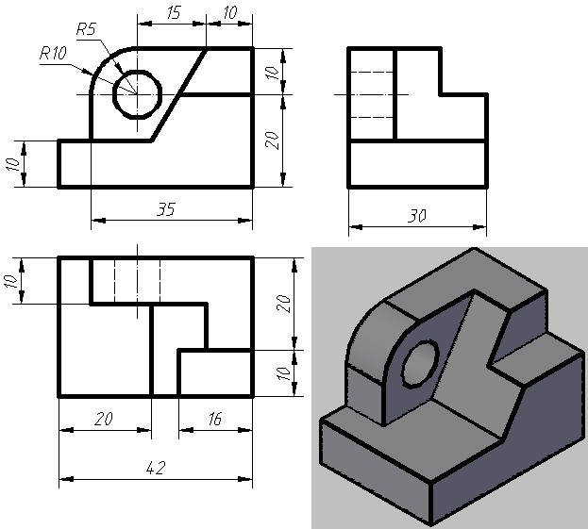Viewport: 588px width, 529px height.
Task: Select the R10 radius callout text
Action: (52, 54)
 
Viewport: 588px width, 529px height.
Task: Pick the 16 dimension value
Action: (214, 419)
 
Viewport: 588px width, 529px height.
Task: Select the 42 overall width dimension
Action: (155, 467)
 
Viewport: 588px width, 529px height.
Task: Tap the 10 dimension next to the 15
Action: (229, 13)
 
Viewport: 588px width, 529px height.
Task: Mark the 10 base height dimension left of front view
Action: (13, 164)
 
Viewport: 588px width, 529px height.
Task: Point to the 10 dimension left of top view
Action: (13, 280)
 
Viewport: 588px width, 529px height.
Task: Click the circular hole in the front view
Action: (137, 93)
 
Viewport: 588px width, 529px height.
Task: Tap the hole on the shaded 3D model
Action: (419, 364)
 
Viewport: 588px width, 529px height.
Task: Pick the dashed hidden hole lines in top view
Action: (137, 278)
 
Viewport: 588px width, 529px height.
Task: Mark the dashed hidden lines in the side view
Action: (371, 94)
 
